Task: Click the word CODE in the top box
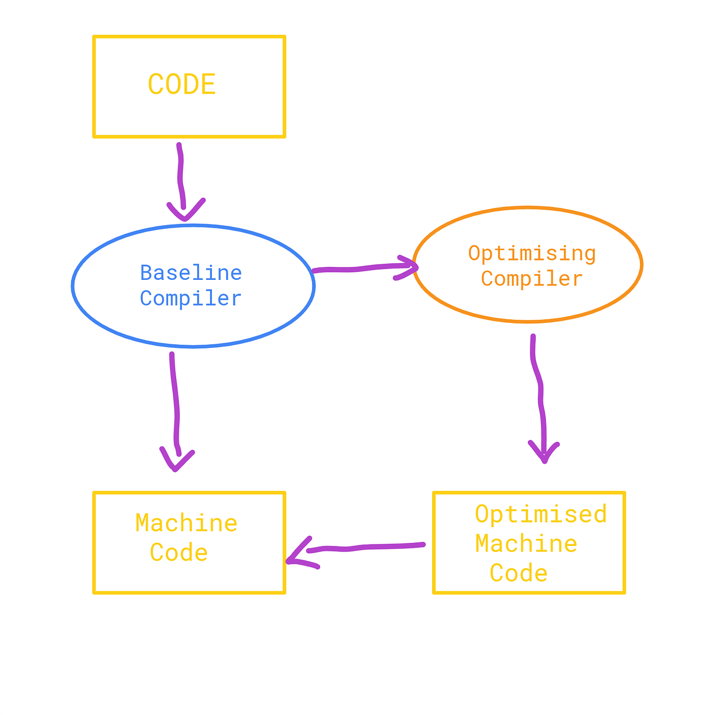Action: click(182, 85)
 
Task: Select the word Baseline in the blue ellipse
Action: click(191, 273)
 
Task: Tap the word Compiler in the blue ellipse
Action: click(191, 299)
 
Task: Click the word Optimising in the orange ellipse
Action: click(532, 254)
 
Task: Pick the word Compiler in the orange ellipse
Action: click(532, 279)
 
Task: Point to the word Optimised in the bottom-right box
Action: click(541, 514)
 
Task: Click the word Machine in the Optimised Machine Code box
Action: click(527, 544)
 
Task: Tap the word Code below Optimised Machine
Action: click(519, 573)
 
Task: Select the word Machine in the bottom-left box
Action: click(187, 523)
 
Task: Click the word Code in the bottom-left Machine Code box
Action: click(179, 553)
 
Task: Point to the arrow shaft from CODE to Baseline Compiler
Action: click(180, 174)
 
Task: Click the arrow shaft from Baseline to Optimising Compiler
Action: click(357, 269)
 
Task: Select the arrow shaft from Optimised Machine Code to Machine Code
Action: click(368, 547)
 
